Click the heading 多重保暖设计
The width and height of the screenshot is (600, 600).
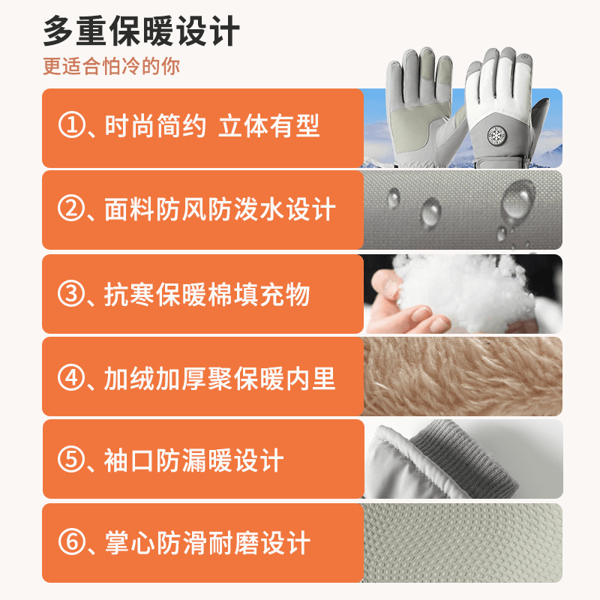tap(141, 31)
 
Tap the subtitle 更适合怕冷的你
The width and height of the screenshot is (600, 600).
tap(111, 66)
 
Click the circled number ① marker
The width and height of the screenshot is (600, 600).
tap(71, 125)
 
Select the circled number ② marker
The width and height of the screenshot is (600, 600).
tap(71, 208)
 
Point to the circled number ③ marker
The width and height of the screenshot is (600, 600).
tap(71, 294)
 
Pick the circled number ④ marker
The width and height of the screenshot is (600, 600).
tap(71, 378)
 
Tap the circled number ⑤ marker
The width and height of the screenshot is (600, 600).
tap(71, 460)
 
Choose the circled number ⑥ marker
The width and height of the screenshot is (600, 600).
tap(71, 542)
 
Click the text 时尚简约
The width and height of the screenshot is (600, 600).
tap(155, 125)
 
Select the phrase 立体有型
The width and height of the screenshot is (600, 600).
tap(268, 125)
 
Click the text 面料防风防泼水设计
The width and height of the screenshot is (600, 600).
tap(220, 209)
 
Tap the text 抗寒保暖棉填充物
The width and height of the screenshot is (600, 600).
tap(207, 294)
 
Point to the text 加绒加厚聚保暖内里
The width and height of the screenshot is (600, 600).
tap(220, 379)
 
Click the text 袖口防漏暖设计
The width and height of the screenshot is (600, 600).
tap(194, 460)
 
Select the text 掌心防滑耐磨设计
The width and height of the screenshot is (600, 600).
tap(208, 542)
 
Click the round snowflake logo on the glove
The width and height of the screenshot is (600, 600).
tap(497, 135)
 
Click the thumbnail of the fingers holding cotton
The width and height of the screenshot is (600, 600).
tap(463, 294)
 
